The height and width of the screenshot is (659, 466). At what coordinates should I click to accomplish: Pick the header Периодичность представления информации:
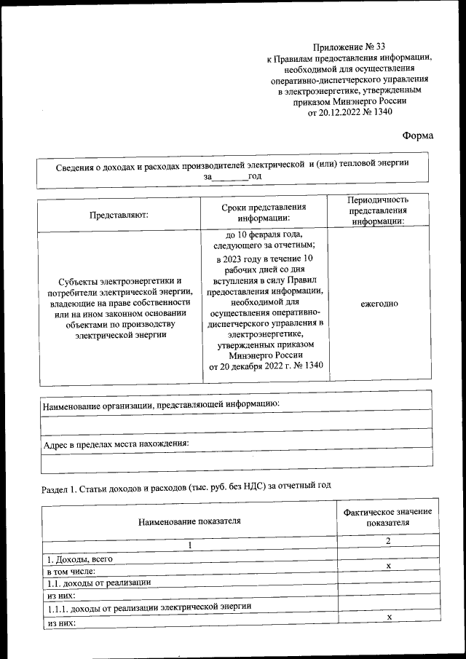[x=377, y=211]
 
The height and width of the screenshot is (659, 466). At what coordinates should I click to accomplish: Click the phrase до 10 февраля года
[x=264, y=234]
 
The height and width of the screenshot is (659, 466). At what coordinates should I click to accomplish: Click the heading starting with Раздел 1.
[x=186, y=488]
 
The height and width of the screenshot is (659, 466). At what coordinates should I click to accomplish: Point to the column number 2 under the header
[x=389, y=542]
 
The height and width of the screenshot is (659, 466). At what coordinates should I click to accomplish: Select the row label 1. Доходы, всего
[x=76, y=559]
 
